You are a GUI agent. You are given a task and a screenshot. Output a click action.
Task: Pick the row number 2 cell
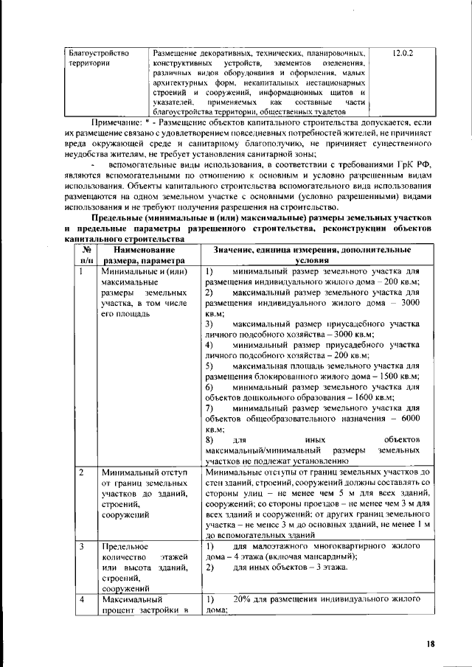pyautogui.click(x=81, y=471)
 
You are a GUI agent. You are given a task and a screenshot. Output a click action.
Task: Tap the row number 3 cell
pyautogui.click(x=81, y=547)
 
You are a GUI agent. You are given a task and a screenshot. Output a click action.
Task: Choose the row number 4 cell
pyautogui.click(x=81, y=601)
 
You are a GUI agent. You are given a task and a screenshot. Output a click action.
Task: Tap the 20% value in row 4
pyautogui.click(x=242, y=600)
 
